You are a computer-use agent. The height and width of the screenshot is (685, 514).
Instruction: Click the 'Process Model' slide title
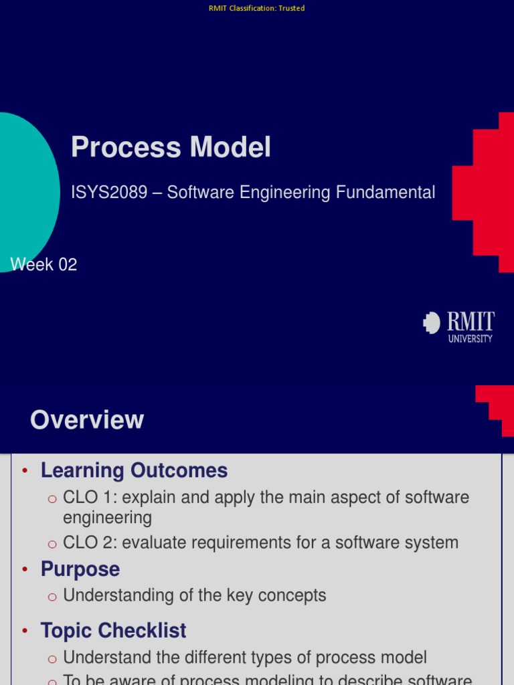(x=171, y=147)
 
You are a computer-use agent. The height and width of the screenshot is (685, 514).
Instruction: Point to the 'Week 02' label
(x=44, y=264)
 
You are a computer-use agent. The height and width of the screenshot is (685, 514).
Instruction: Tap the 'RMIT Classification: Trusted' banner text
(x=257, y=8)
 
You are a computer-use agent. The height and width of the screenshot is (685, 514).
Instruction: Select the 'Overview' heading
(x=87, y=420)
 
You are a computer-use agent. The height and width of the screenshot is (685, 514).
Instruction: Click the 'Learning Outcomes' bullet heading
(x=134, y=470)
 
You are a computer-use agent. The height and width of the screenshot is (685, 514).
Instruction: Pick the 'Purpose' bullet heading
(x=80, y=569)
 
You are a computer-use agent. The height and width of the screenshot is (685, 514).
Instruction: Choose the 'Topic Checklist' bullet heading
(x=113, y=630)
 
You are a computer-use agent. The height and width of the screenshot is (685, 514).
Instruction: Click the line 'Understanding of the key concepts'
(x=195, y=595)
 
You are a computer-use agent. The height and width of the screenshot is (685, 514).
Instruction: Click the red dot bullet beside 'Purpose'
(x=25, y=570)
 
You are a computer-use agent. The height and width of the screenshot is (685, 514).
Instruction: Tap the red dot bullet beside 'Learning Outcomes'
(x=25, y=471)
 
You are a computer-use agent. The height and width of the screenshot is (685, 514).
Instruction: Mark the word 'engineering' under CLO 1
(x=107, y=518)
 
